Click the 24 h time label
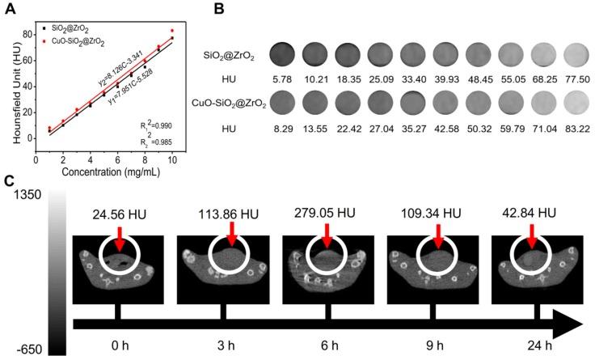[532, 343]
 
